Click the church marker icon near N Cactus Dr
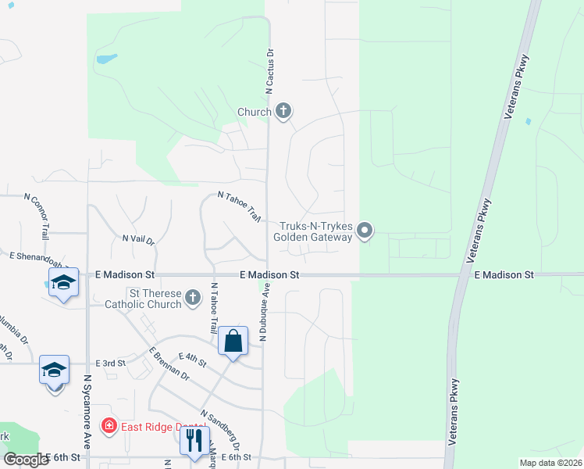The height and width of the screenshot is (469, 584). tap(283, 112)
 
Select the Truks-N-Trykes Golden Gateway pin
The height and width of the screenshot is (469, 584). tap(365, 230)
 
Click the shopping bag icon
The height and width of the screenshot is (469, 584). tap(233, 342)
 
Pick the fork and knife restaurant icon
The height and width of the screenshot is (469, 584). tap(194, 439)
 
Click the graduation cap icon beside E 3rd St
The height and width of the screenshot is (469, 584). tap(54, 371)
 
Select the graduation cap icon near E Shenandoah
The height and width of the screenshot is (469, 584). tap(63, 282)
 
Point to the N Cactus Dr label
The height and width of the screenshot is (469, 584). tap(271, 74)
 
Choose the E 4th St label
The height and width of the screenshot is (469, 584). tap(191, 360)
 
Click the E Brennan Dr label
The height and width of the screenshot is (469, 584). tap(169, 363)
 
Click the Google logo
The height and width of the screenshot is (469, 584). tap(25, 459)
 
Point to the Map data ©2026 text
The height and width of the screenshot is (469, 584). tap(550, 463)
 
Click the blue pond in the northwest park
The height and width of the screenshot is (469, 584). tap(105, 59)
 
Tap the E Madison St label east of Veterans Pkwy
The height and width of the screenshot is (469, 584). tap(504, 275)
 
